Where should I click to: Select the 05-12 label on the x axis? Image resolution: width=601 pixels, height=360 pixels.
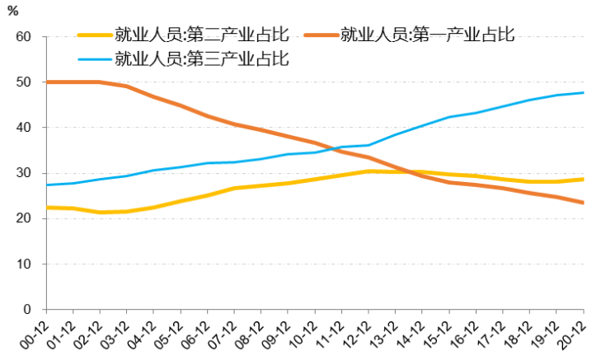(x=172, y=333)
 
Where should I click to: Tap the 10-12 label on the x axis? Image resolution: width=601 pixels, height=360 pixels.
(x=307, y=333)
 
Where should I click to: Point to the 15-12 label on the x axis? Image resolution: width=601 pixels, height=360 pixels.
(x=442, y=333)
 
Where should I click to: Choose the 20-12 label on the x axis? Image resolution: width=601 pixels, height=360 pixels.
(x=576, y=333)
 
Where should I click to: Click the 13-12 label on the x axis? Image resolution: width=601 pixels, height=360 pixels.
(x=387, y=333)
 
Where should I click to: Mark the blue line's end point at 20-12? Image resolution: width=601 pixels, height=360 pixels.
(x=585, y=92)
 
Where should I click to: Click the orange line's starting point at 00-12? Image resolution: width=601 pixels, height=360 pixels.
(x=46, y=82)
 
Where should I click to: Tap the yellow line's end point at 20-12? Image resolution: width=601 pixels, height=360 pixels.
(x=585, y=179)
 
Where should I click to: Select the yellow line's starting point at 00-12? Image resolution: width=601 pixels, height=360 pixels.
(x=46, y=208)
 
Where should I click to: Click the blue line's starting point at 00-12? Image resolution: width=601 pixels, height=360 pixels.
(x=46, y=185)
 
